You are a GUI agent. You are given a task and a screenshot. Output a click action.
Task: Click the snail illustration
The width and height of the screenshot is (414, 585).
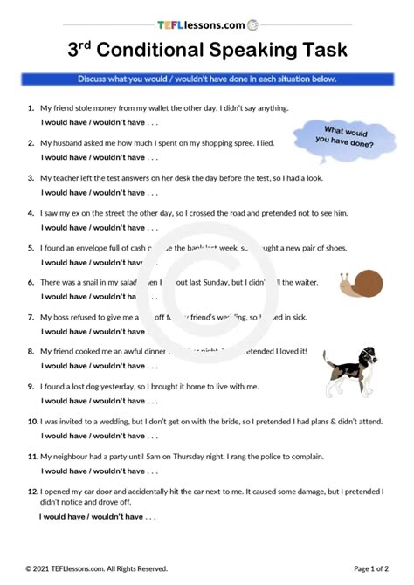pos(361,282)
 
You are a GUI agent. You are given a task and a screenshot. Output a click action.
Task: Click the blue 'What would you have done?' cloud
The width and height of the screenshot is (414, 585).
pos(342,134)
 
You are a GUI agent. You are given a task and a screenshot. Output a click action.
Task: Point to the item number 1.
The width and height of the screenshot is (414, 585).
pos(31,108)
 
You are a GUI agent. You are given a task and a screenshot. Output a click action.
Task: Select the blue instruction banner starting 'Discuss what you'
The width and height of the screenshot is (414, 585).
pos(207,79)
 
